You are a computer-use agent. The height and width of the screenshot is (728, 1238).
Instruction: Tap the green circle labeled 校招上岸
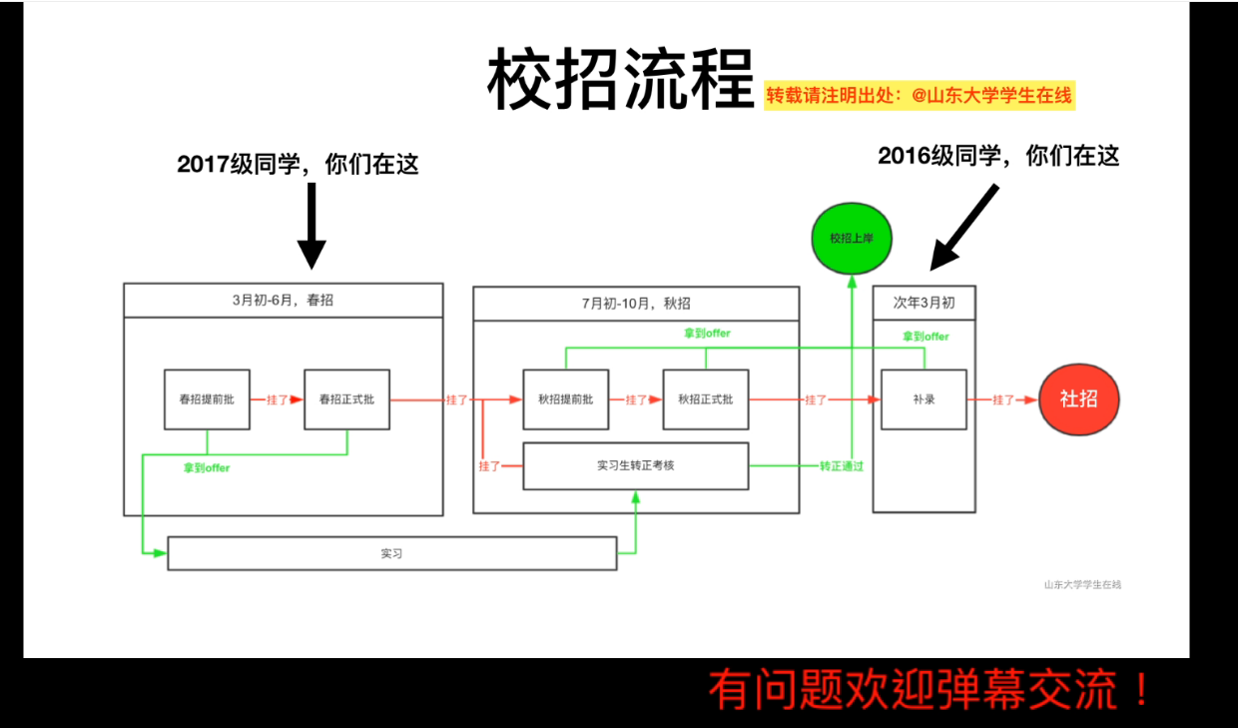[852, 238]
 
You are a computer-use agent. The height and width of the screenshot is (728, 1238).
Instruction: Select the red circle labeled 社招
[1078, 399]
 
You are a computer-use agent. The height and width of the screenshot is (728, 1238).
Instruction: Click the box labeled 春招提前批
[207, 399]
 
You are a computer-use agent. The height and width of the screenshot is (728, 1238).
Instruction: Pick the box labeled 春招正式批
[346, 399]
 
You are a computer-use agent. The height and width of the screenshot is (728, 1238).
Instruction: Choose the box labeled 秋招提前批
[565, 399]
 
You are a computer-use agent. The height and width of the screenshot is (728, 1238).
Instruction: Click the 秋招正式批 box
[705, 399]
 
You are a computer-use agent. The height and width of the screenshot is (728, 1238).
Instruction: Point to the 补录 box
[924, 399]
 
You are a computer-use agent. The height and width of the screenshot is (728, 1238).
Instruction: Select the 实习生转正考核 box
[635, 465]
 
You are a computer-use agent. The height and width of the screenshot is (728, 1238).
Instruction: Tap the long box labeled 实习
[391, 553]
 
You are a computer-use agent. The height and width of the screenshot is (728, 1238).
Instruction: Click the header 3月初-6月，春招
[283, 300]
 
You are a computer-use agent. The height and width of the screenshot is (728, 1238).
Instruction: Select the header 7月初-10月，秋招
[636, 304]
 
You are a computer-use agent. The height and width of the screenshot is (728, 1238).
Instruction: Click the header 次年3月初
[924, 303]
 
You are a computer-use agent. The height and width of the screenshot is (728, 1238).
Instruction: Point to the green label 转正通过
[842, 466]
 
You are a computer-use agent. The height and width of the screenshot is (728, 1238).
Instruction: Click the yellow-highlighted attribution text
[919, 96]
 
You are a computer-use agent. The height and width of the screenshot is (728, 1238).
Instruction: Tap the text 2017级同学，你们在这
[298, 165]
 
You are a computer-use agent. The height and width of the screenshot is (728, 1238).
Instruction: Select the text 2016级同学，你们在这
[998, 156]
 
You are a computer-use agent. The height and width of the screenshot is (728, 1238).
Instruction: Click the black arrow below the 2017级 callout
[311, 226]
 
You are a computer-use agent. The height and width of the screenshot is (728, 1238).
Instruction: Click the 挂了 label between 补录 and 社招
[1002, 399]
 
